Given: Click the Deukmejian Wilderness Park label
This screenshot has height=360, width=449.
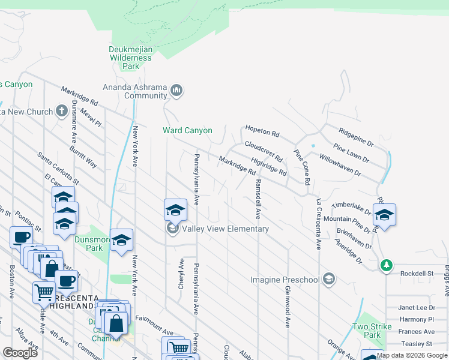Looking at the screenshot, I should [130, 58].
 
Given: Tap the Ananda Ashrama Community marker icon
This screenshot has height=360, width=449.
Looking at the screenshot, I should [176, 91].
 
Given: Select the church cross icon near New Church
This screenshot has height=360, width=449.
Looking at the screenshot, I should [61, 111].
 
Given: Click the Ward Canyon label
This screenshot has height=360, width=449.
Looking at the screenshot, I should [187, 130].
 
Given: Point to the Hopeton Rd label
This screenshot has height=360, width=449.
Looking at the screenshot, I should [262, 131].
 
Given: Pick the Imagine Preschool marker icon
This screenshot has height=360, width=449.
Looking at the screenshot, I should [328, 279].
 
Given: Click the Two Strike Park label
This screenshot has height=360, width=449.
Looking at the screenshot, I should [372, 331].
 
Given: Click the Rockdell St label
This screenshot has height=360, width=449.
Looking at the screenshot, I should [418, 273].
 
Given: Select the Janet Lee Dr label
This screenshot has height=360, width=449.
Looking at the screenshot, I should [417, 307].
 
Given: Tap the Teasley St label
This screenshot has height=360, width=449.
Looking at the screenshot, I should [417, 344].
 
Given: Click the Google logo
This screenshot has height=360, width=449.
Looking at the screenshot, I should [20, 353].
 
